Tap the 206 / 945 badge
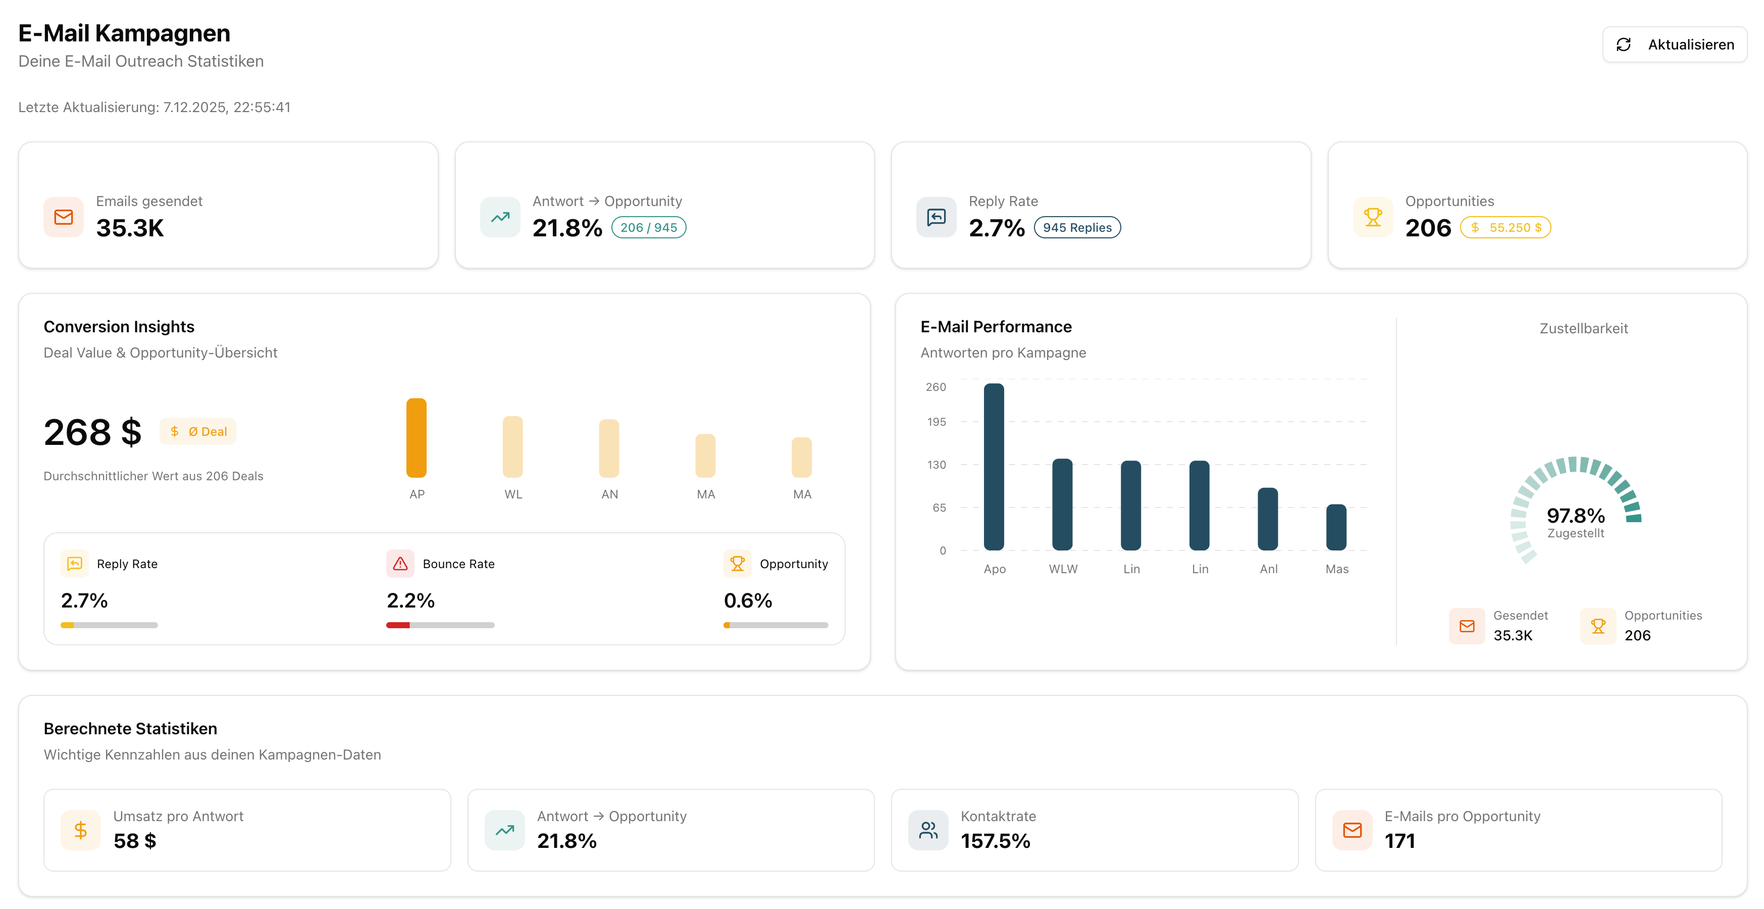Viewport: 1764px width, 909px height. (x=648, y=227)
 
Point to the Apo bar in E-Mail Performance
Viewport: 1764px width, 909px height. (x=994, y=467)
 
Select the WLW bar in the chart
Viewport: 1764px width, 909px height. (x=1062, y=505)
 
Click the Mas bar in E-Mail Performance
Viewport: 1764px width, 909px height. (x=1336, y=527)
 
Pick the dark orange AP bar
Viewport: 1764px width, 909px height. (x=417, y=438)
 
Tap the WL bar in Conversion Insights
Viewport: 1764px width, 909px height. (x=512, y=446)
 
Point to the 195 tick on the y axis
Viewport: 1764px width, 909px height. (x=936, y=422)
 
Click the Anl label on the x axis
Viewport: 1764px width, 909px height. (x=1268, y=569)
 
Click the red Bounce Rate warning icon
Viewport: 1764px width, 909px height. (x=400, y=563)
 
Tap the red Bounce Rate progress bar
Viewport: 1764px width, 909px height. (x=398, y=625)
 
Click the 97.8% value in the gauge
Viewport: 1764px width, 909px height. (x=1575, y=515)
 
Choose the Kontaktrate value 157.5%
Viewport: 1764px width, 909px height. (x=995, y=840)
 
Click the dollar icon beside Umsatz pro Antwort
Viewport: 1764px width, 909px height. (x=81, y=830)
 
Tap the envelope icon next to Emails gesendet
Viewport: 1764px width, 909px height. (x=64, y=217)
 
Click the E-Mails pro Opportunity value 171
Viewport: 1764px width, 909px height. (x=1399, y=840)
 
